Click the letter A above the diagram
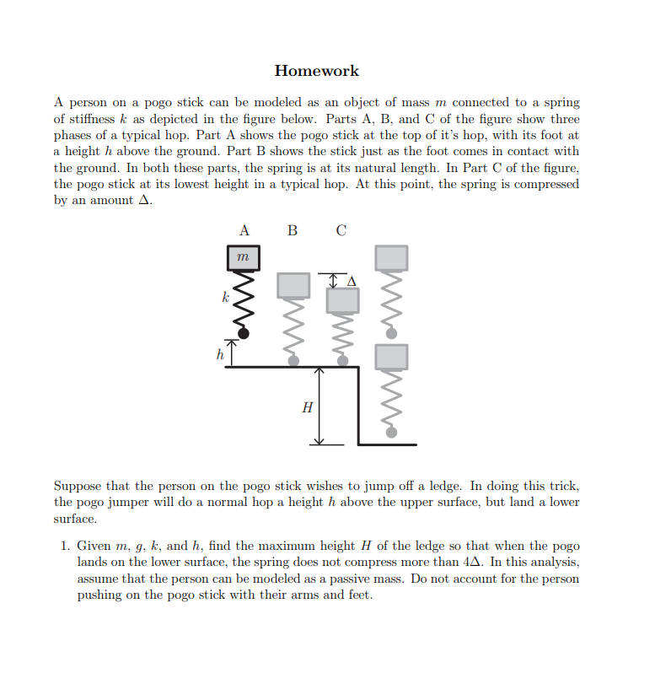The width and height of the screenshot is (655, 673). [244, 229]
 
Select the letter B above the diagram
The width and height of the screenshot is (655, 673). [293, 229]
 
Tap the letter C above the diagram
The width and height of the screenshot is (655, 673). [341, 229]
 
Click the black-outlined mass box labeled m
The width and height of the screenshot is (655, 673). [243, 256]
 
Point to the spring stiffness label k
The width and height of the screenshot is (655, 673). [224, 297]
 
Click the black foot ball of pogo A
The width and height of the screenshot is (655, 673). [244, 334]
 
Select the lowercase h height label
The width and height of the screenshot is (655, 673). [219, 355]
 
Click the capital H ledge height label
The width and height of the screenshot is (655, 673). [307, 408]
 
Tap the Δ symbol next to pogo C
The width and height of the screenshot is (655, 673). [352, 279]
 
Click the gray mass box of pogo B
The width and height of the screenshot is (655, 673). [293, 285]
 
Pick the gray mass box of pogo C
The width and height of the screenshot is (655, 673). [342, 300]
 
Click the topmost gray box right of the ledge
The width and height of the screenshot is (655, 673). [391, 257]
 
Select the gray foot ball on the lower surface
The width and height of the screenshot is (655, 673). [391, 433]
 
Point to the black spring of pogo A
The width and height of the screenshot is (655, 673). [243, 301]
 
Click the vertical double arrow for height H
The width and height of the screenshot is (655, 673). [319, 406]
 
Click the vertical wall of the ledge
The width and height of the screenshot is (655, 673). [359, 406]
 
